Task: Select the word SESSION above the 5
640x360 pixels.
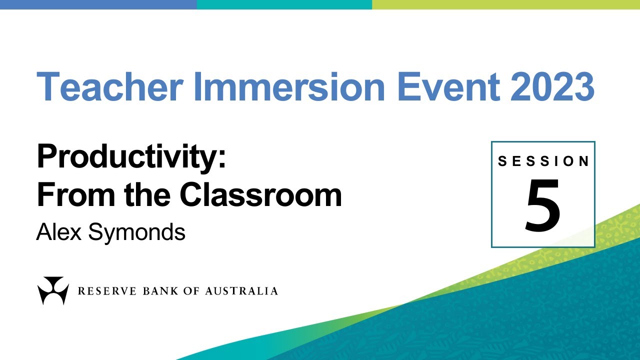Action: [x=543, y=161]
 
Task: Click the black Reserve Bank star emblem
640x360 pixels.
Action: [x=53, y=290]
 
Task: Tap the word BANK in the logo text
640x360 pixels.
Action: [x=156, y=291]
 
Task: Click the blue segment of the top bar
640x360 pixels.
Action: [x=98, y=4]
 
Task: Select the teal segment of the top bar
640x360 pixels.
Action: [x=284, y=4]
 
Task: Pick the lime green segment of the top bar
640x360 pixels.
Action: [x=505, y=4]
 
